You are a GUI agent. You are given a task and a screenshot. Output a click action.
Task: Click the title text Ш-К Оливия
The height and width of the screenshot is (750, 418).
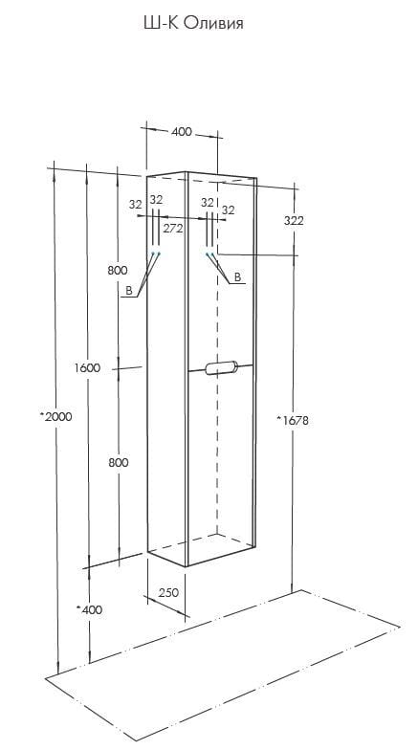[x=193, y=23]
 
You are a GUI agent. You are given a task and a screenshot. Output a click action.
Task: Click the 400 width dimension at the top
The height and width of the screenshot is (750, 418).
[x=182, y=132]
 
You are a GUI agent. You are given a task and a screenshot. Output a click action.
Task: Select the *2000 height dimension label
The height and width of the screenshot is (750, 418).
[x=56, y=416]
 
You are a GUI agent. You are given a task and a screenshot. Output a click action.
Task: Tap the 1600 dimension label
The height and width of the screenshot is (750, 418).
[x=87, y=367]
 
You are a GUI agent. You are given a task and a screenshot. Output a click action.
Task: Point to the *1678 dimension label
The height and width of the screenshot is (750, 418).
[x=293, y=421]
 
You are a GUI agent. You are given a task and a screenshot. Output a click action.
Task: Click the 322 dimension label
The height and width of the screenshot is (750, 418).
[x=294, y=220]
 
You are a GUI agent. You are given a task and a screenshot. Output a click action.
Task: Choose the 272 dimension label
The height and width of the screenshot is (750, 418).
[x=172, y=229]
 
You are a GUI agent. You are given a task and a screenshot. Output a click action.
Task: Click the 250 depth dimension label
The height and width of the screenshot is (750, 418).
[x=168, y=593]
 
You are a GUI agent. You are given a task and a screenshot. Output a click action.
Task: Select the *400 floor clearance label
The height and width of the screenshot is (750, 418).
[x=89, y=609]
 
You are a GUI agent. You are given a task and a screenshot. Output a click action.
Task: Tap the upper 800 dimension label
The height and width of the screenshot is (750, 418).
[x=117, y=270]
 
